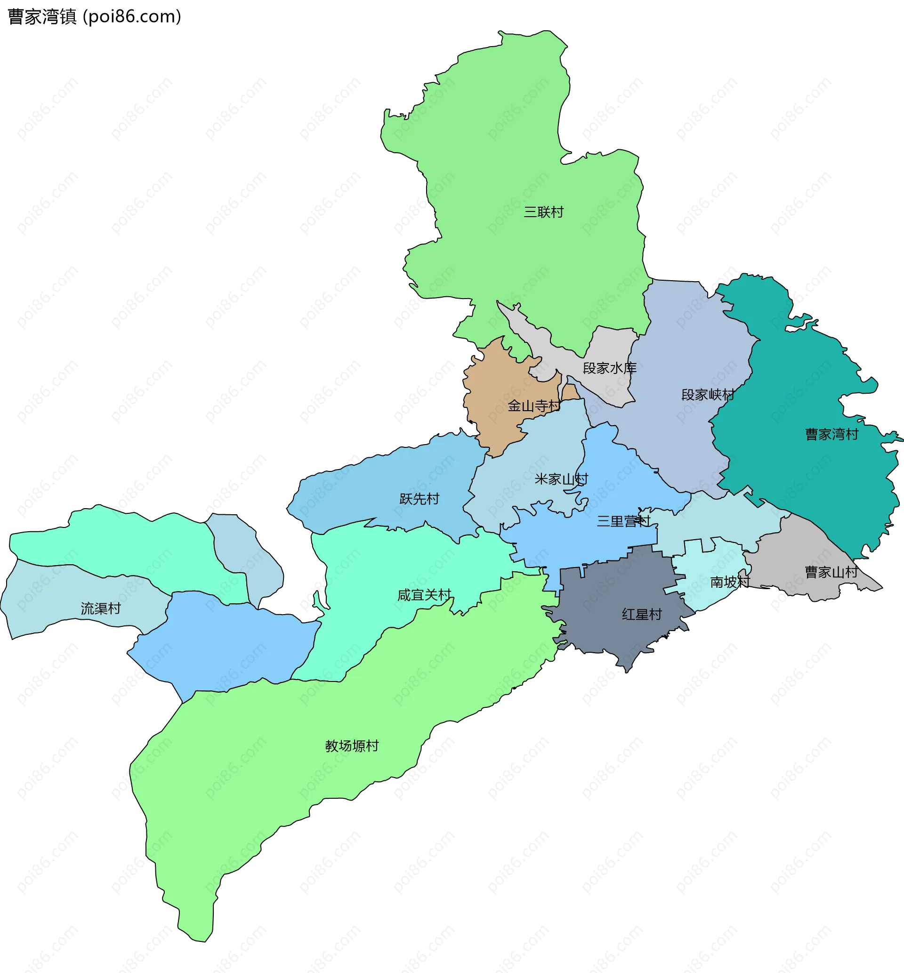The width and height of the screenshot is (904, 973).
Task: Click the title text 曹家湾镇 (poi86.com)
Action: (95, 16)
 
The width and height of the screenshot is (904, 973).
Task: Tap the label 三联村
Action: (543, 212)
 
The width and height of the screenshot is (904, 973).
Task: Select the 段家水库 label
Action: (610, 368)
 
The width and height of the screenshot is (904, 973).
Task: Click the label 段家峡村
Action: (708, 394)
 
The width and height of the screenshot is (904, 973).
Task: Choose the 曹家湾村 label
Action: (831, 434)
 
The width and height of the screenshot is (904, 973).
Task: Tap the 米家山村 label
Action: (561, 478)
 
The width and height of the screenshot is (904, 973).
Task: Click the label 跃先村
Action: (419, 498)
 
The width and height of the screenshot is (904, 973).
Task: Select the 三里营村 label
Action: (623, 521)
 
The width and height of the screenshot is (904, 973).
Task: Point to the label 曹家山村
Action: (831, 571)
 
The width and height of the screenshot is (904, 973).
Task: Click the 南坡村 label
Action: (730, 582)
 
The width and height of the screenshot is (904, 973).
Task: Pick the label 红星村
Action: (642, 614)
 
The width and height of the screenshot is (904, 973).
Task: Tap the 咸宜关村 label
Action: (424, 595)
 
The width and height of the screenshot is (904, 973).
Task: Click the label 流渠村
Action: (100, 608)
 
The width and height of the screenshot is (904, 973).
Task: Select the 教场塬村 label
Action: (352, 746)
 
